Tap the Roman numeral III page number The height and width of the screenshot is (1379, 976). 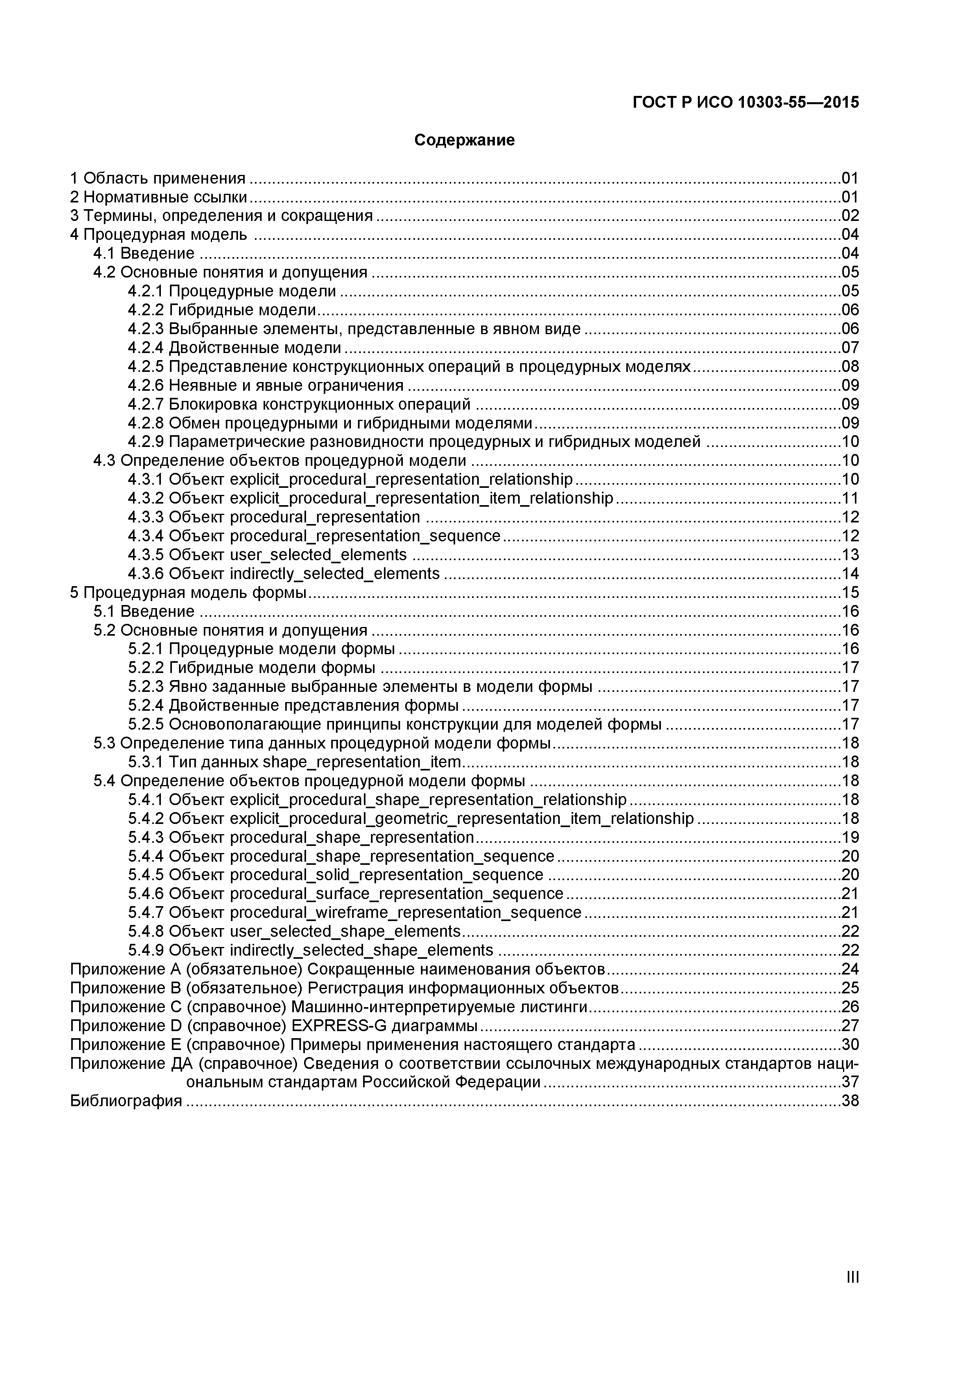pos(852,1294)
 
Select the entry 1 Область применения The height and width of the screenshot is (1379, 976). pos(157,178)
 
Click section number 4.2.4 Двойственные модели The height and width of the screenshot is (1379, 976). pos(146,348)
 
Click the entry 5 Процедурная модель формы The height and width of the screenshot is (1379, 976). pos(188,593)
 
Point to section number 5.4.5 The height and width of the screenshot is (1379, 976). pos(146,875)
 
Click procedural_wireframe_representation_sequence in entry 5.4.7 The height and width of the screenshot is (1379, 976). pos(406,913)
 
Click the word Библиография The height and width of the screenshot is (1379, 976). pos(125,1101)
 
